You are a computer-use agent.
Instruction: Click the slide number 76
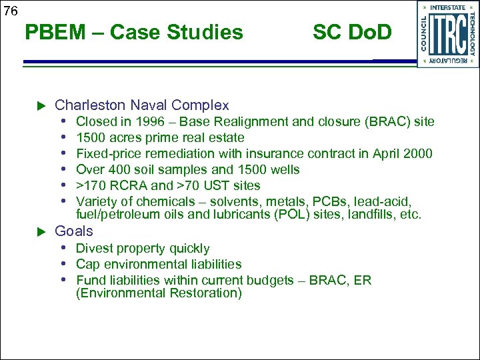10,10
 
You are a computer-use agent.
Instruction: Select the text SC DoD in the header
352,32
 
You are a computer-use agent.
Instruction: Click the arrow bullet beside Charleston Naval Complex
40,106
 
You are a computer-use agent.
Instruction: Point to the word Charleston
83,105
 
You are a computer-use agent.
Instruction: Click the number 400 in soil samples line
119,170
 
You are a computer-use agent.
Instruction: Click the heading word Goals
74,231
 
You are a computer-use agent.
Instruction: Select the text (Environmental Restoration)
159,293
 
